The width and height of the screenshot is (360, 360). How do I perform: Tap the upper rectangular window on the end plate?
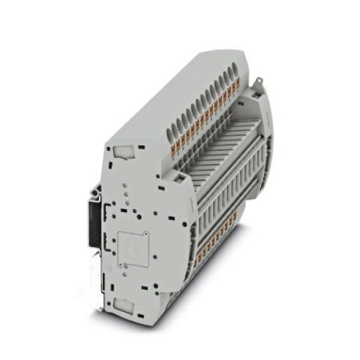click(x=123, y=149)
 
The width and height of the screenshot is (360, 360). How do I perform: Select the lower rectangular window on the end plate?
click(x=124, y=303)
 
